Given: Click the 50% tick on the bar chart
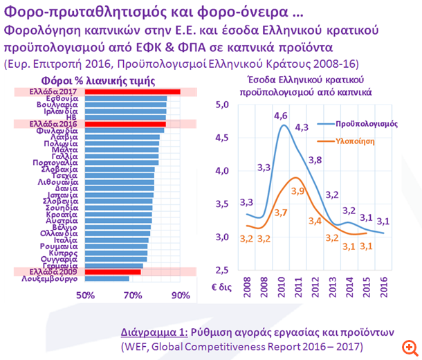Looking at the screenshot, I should coord(85,296).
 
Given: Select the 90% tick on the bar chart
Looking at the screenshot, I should coord(181,296).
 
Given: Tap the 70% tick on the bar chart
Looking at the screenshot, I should coord(133,296).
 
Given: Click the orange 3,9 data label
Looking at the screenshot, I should coord(297,190).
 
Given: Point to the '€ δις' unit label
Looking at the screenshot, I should coord(222,286).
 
